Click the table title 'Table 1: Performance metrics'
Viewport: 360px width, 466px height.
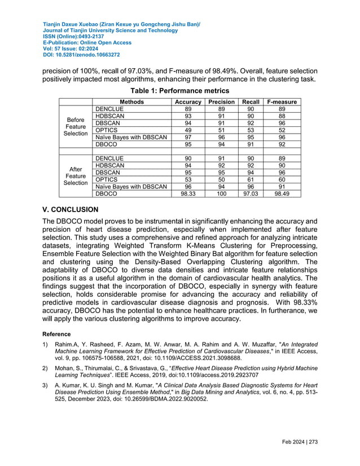[180, 90]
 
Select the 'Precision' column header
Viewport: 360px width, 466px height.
[221, 102]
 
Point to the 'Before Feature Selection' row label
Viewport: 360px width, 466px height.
[76, 126]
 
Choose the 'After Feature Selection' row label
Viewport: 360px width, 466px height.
[76, 175]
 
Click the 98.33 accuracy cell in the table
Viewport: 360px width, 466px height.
[188, 194]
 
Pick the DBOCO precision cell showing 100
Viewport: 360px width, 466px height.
[221, 194]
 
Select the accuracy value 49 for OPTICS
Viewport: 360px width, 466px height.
[188, 130]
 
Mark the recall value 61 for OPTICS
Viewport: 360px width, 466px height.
[251, 179]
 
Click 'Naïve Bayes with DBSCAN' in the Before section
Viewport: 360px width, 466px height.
[131, 137]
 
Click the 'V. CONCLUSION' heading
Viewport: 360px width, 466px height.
[71, 209]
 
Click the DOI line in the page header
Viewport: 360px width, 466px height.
[81, 55]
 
